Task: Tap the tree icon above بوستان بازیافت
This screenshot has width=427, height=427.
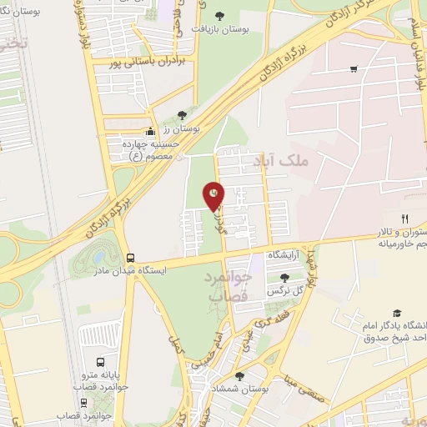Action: click(220, 15)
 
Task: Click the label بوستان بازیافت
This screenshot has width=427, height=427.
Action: click(220, 28)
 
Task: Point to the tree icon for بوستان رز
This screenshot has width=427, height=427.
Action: click(183, 116)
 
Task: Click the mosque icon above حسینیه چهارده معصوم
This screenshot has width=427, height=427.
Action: click(149, 131)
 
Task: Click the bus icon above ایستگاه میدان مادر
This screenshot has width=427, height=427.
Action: click(129, 258)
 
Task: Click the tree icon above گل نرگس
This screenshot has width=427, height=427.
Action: click(284, 277)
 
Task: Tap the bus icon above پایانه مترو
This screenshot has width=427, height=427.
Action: click(100, 363)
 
